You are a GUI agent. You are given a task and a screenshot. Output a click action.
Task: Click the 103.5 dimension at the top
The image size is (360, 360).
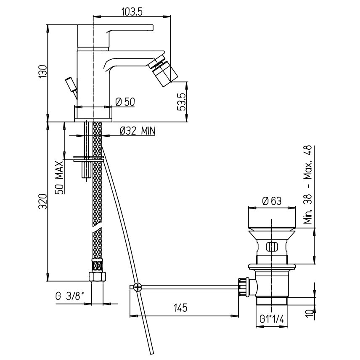(x=132, y=12)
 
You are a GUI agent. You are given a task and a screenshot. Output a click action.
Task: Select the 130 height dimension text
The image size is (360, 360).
(x=43, y=72)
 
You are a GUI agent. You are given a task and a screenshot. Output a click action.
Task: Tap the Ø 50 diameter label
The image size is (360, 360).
(x=125, y=102)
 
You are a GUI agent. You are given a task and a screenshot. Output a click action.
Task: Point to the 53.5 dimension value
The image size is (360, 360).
(x=181, y=102)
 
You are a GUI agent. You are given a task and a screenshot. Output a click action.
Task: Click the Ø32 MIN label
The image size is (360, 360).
(x=138, y=131)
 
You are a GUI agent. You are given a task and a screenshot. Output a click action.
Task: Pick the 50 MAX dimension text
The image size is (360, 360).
(x=59, y=178)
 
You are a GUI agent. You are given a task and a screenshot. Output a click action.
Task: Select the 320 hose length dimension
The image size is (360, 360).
(x=43, y=201)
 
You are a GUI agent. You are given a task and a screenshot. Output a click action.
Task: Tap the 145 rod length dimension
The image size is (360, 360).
(x=180, y=308)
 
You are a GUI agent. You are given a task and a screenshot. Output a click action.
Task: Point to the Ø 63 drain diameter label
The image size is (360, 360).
(x=272, y=201)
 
